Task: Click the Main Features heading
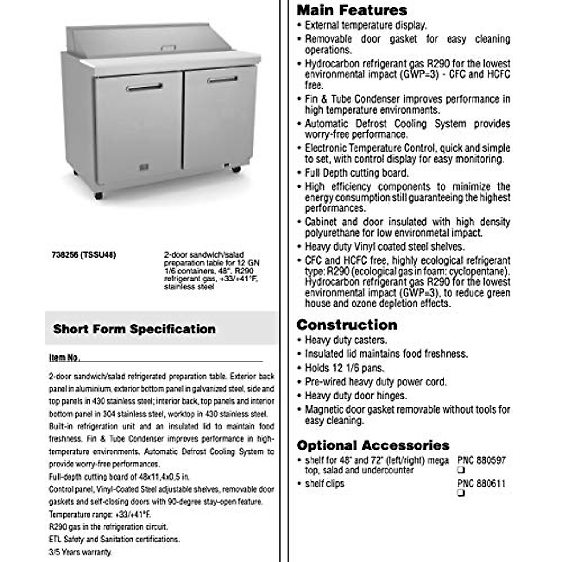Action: tap(352, 10)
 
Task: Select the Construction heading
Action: tap(347, 325)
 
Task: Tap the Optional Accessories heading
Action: tap(373, 445)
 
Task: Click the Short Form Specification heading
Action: tap(134, 329)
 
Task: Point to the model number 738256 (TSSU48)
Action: tap(82, 255)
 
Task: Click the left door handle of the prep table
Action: tap(144, 87)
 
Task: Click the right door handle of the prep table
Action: tap(222, 80)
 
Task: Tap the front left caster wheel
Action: tap(98, 196)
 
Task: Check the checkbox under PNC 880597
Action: tap(461, 470)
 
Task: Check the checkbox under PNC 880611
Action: tap(461, 493)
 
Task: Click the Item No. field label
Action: tap(64, 358)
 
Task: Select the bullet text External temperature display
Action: tap(365, 25)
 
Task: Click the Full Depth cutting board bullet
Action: tap(356, 173)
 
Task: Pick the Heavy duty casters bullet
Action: tap(346, 340)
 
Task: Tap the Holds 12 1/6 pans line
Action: tap(344, 368)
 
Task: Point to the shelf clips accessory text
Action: tap(324, 483)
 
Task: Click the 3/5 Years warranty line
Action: tap(81, 552)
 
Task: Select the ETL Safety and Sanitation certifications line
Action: tap(114, 540)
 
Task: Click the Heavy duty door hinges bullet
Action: tap(355, 396)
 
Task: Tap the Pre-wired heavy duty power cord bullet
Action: tap(376, 382)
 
